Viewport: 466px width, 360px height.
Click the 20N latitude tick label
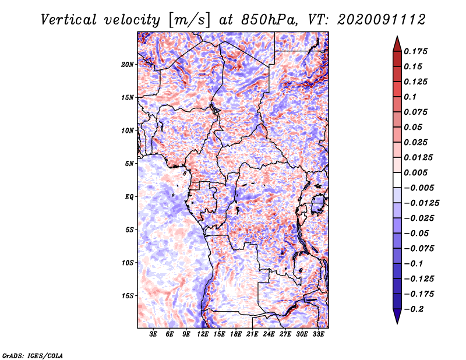128,65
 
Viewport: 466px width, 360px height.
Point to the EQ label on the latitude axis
129,197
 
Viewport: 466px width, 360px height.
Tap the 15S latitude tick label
128,296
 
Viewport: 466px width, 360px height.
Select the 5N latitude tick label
129,164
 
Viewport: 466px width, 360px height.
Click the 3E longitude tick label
154,335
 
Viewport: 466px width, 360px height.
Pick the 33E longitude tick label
318,335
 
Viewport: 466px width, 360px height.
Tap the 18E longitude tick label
236,335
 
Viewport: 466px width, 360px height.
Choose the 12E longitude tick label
203,335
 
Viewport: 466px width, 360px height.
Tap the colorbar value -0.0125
423,203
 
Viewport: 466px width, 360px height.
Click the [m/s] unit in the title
188,20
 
